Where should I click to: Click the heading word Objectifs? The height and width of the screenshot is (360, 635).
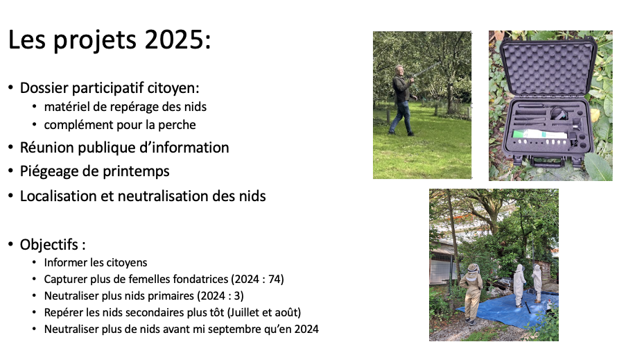tap(49, 244)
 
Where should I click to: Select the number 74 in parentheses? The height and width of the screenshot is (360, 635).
tap(274, 280)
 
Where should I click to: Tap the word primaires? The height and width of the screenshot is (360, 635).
tap(169, 296)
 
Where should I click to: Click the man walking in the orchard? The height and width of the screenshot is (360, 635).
tap(402, 100)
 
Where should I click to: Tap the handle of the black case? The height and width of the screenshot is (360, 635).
tap(546, 163)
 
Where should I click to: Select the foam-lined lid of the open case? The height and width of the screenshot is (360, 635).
tap(548, 67)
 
